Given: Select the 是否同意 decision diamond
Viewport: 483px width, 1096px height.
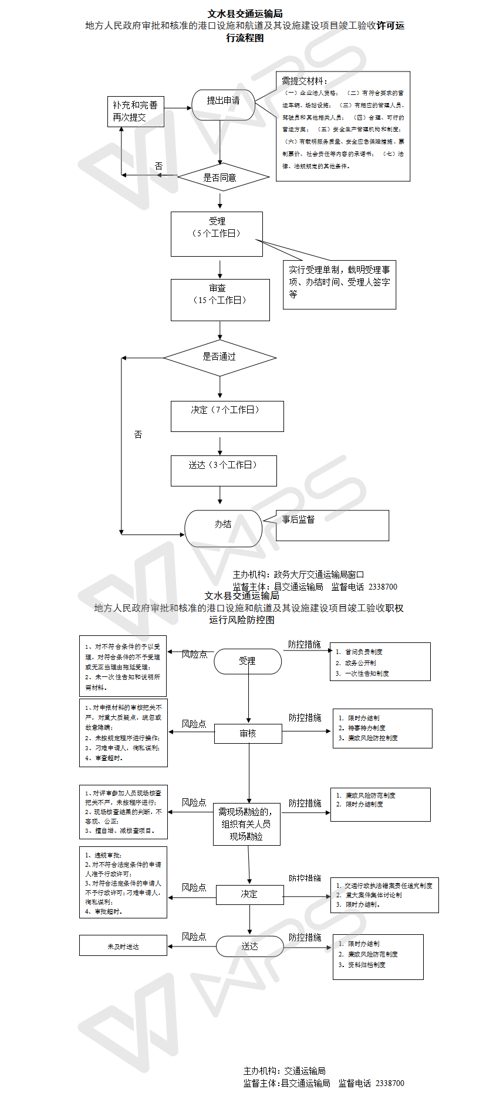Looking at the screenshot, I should pos(220,177).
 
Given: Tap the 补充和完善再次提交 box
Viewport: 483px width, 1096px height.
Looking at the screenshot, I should pos(136,111).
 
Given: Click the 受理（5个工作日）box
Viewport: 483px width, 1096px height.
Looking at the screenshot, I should pos(217,234).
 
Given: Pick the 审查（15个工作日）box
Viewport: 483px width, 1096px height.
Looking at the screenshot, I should pos(220,299).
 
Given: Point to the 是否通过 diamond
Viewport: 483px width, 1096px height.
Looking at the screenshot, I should pos(219,357).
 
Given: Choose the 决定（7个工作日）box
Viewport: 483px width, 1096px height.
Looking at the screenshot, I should pos(227,416).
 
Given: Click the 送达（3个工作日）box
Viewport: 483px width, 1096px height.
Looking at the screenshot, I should pos(224,471).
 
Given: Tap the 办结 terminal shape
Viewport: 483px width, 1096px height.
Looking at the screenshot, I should pos(223,527).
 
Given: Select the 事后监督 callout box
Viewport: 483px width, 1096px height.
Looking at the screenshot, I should pos(332,525).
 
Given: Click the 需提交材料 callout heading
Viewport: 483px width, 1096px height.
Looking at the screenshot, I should pos(305,81).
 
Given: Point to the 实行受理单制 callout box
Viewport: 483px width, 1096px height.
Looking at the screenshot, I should pos(339,284).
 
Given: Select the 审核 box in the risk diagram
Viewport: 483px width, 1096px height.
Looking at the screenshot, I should pos(248,733).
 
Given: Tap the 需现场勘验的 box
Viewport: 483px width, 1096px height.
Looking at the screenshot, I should pos(246,823).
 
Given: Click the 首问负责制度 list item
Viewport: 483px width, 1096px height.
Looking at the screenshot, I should pos(363,651).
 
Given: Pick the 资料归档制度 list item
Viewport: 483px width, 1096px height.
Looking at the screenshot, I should pos(366,964).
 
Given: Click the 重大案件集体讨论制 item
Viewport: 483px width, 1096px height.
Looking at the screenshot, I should pos(373,894).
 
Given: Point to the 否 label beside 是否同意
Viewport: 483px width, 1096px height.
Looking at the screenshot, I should pos(158,166).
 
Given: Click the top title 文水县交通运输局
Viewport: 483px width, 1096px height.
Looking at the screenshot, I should pos(245,13).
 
